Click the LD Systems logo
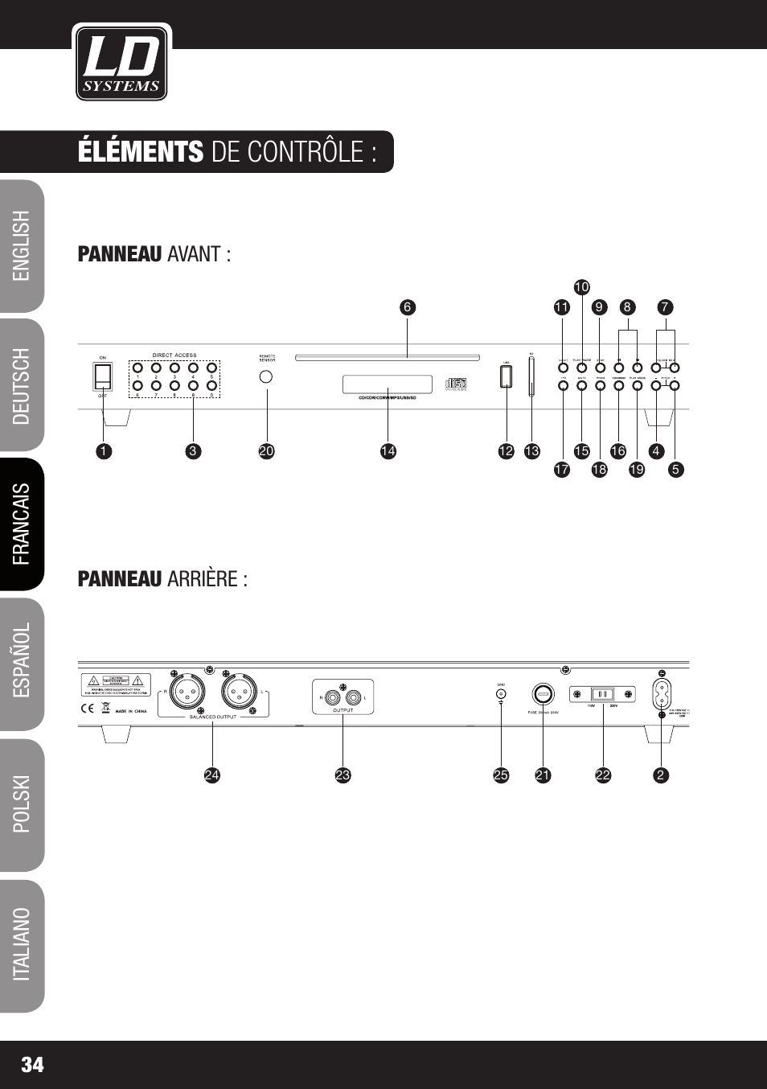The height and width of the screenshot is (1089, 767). coord(121,63)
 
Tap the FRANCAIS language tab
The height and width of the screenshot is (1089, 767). coord(22,524)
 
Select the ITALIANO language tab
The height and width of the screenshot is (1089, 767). coord(22,944)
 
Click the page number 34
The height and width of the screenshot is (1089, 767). coord(33,1065)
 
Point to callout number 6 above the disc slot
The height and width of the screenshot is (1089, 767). coord(407,307)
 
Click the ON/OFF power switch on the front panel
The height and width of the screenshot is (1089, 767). coord(103,376)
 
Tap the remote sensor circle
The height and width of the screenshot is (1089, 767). coord(267,376)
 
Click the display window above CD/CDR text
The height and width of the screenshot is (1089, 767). coord(388,384)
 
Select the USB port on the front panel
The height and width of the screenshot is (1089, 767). coord(506,376)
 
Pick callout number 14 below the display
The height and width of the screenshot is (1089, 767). coord(388,451)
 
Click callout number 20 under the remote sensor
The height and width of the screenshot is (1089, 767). coord(267,451)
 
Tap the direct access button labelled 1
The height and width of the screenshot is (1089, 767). coord(137,368)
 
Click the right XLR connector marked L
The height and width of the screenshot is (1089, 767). coord(240,691)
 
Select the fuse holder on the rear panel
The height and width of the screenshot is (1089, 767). coord(543,693)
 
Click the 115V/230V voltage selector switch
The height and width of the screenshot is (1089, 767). coord(603,694)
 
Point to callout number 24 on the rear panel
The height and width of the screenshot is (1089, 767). coord(211,775)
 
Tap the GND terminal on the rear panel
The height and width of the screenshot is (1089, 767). coord(501,692)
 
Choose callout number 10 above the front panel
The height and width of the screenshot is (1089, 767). coord(581,287)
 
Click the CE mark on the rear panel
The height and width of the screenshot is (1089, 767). coord(88,709)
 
